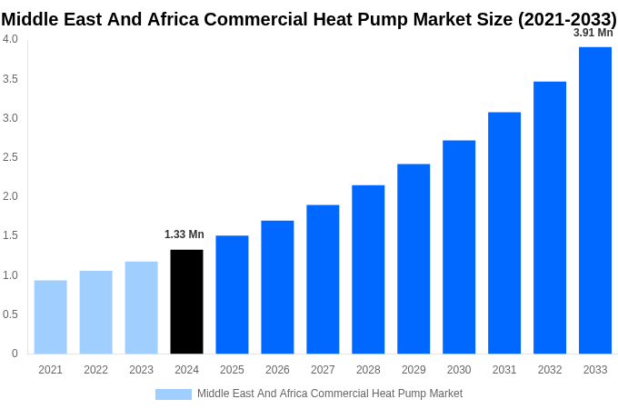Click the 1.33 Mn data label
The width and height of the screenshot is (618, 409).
pyautogui.click(x=184, y=234)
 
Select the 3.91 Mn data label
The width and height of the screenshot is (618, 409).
pyautogui.click(x=593, y=33)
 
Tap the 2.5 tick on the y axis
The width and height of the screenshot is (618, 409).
pyautogui.click(x=10, y=157)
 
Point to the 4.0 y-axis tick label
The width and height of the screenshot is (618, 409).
pyautogui.click(x=10, y=39)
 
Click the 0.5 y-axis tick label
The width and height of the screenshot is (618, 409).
pyautogui.click(x=10, y=314)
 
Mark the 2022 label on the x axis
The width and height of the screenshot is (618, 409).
pyautogui.click(x=95, y=370)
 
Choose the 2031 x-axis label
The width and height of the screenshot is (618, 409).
pyautogui.click(x=504, y=370)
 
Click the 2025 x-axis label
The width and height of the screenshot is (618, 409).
pyautogui.click(x=232, y=370)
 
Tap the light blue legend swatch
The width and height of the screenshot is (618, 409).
pyautogui.click(x=173, y=394)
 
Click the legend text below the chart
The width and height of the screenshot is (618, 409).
pyautogui.click(x=330, y=394)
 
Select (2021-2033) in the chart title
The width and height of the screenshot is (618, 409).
pyautogui.click(x=567, y=19)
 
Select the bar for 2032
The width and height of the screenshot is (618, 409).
pyautogui.click(x=550, y=217)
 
